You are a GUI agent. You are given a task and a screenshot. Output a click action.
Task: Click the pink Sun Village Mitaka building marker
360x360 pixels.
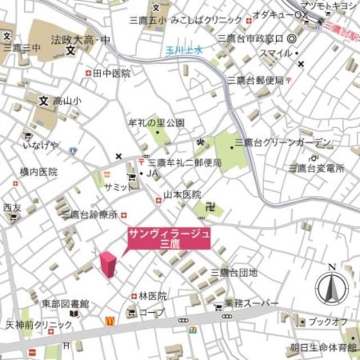108,264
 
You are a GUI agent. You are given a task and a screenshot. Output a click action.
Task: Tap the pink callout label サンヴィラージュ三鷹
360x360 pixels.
169,238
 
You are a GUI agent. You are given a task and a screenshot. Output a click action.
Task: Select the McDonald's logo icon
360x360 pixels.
110,321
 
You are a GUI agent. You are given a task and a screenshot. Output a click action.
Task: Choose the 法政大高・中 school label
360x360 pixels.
80,40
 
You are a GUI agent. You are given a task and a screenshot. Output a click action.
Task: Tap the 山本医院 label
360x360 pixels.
182,195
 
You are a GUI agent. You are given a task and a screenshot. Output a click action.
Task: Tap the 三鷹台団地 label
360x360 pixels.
234,273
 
